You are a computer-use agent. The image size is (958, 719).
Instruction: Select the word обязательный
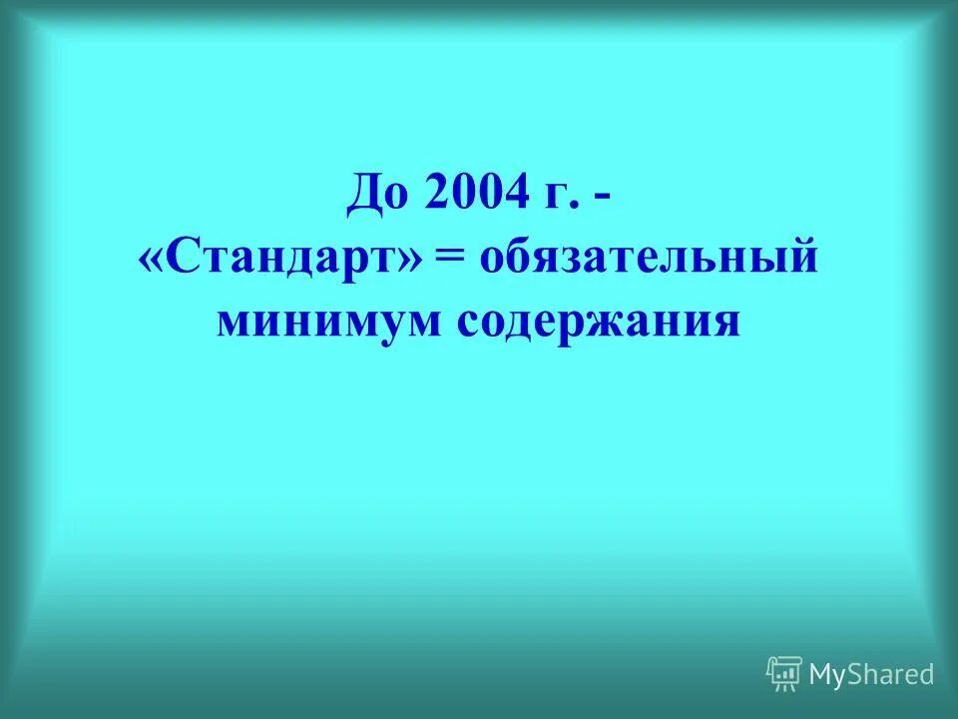pyautogui.click(x=649, y=258)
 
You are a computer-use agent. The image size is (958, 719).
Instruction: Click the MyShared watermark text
pyautogui.click(x=871, y=674)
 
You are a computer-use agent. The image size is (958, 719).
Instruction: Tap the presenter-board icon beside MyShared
pyautogui.click(x=783, y=674)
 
